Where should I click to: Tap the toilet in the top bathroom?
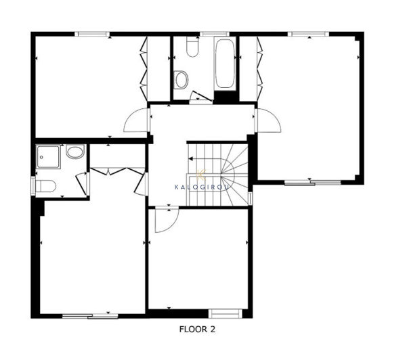[x=190, y=48]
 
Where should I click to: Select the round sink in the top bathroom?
[x=181, y=81]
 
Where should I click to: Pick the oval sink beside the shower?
[x=75, y=152]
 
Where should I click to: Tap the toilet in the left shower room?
[x=46, y=186]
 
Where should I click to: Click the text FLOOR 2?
[x=197, y=330]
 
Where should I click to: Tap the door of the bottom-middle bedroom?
[x=163, y=220]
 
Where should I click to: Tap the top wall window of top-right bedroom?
[x=310, y=33]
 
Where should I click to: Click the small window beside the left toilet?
[x=33, y=185]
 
